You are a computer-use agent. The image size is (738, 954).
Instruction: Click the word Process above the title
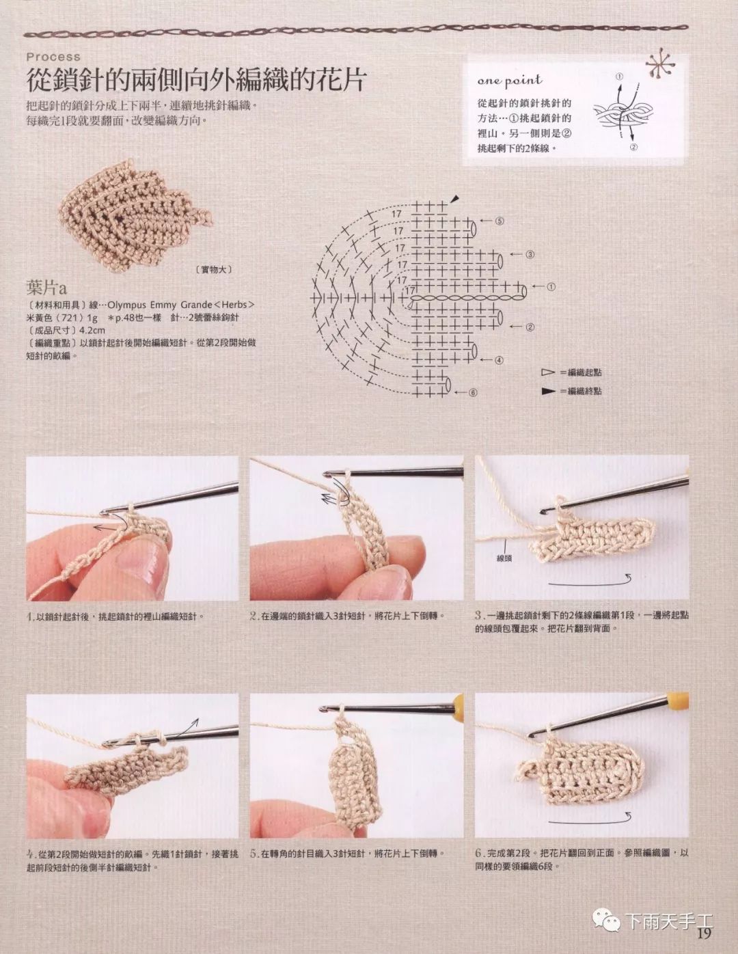(53, 57)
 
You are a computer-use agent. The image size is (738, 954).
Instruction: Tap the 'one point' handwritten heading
(510, 81)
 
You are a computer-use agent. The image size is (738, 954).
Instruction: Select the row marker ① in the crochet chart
(551, 287)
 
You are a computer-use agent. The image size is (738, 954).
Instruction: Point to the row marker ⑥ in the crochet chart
(472, 392)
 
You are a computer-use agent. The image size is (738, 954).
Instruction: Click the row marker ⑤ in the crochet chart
(500, 221)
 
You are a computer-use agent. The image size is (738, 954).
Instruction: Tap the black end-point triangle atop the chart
(454, 198)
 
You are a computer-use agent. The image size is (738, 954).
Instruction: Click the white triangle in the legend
(548, 372)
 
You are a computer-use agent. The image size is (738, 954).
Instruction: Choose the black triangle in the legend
(548, 391)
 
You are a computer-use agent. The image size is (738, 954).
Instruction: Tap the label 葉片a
(46, 288)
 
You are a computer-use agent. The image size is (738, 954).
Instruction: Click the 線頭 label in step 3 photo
(504, 559)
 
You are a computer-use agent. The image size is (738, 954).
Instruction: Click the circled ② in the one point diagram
(633, 148)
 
